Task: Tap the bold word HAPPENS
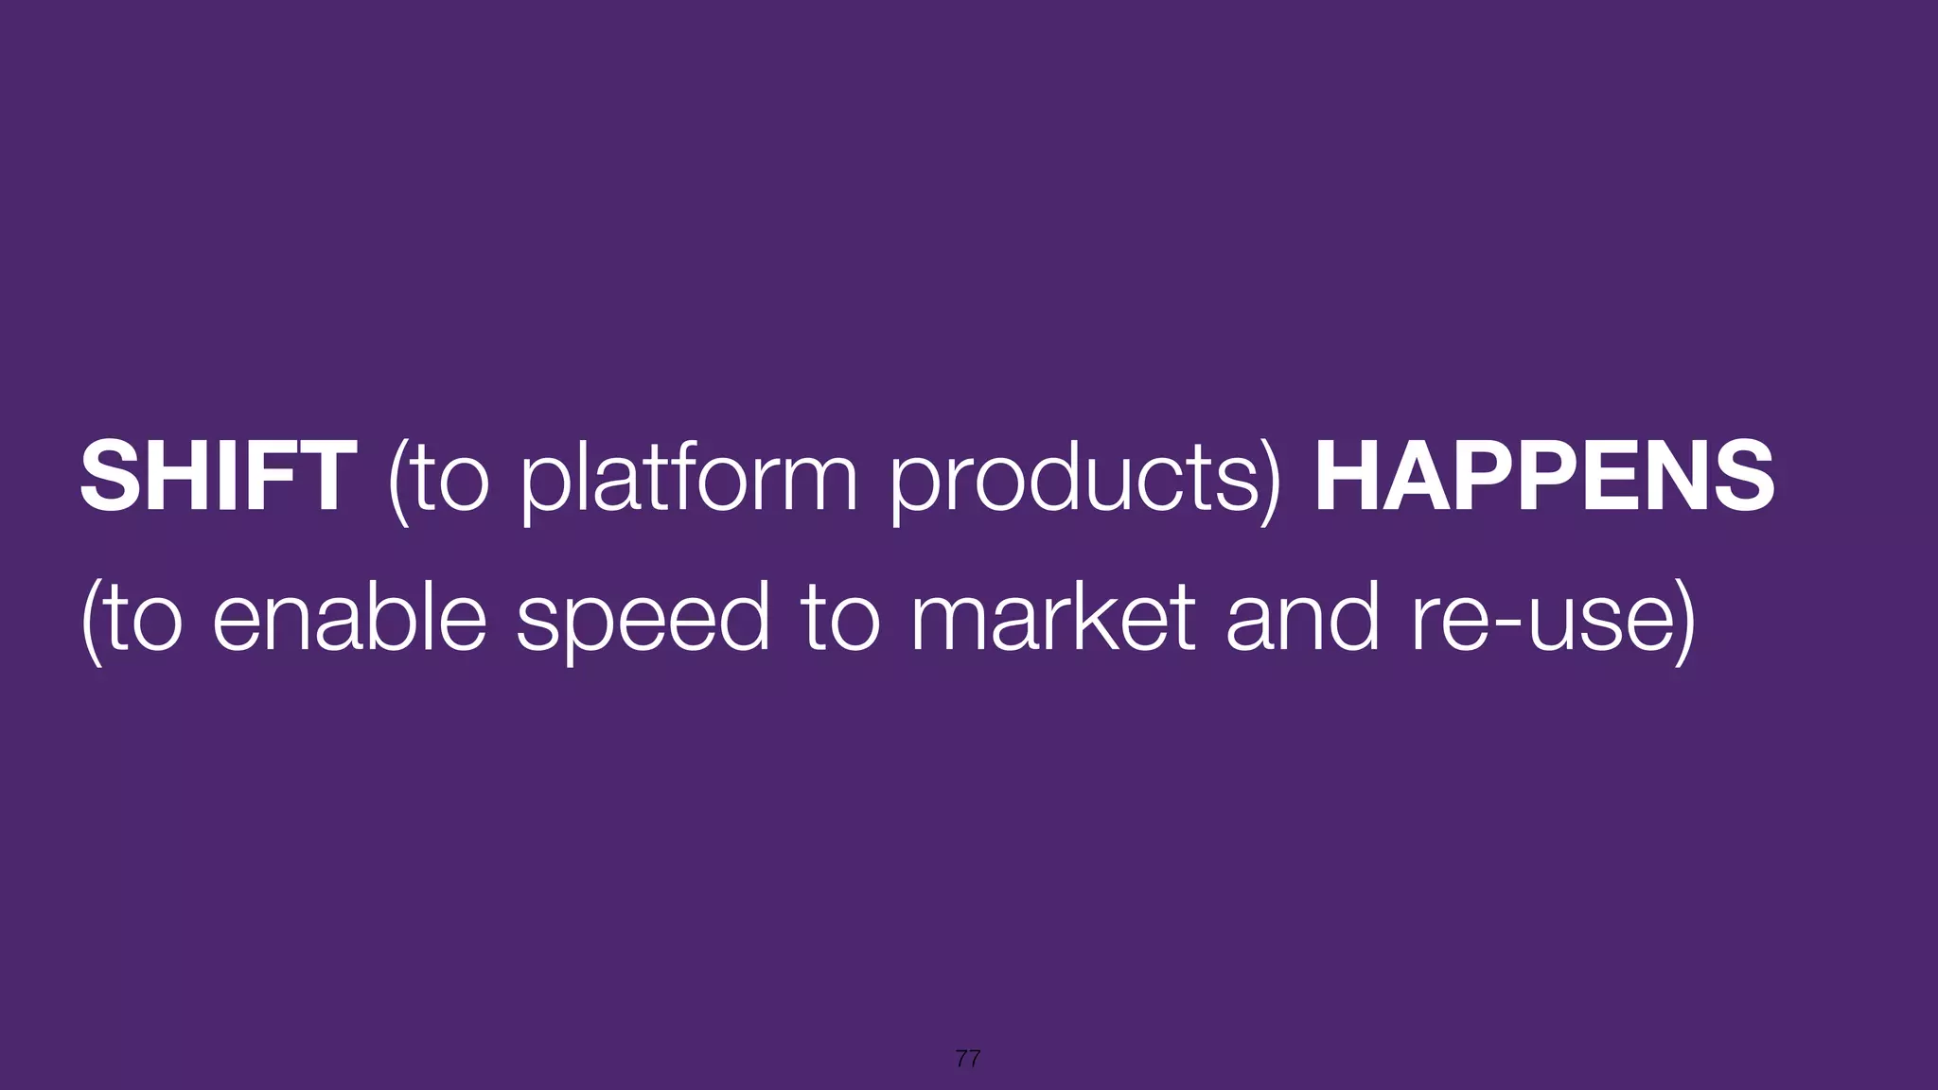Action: click(1544, 477)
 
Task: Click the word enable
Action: click(349, 619)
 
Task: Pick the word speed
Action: click(643, 621)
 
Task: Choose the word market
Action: click(1053, 619)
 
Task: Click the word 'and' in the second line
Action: click(1302, 619)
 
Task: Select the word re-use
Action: click(1542, 621)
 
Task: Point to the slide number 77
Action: click(968, 1059)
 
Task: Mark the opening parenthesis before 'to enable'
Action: click(92, 621)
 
